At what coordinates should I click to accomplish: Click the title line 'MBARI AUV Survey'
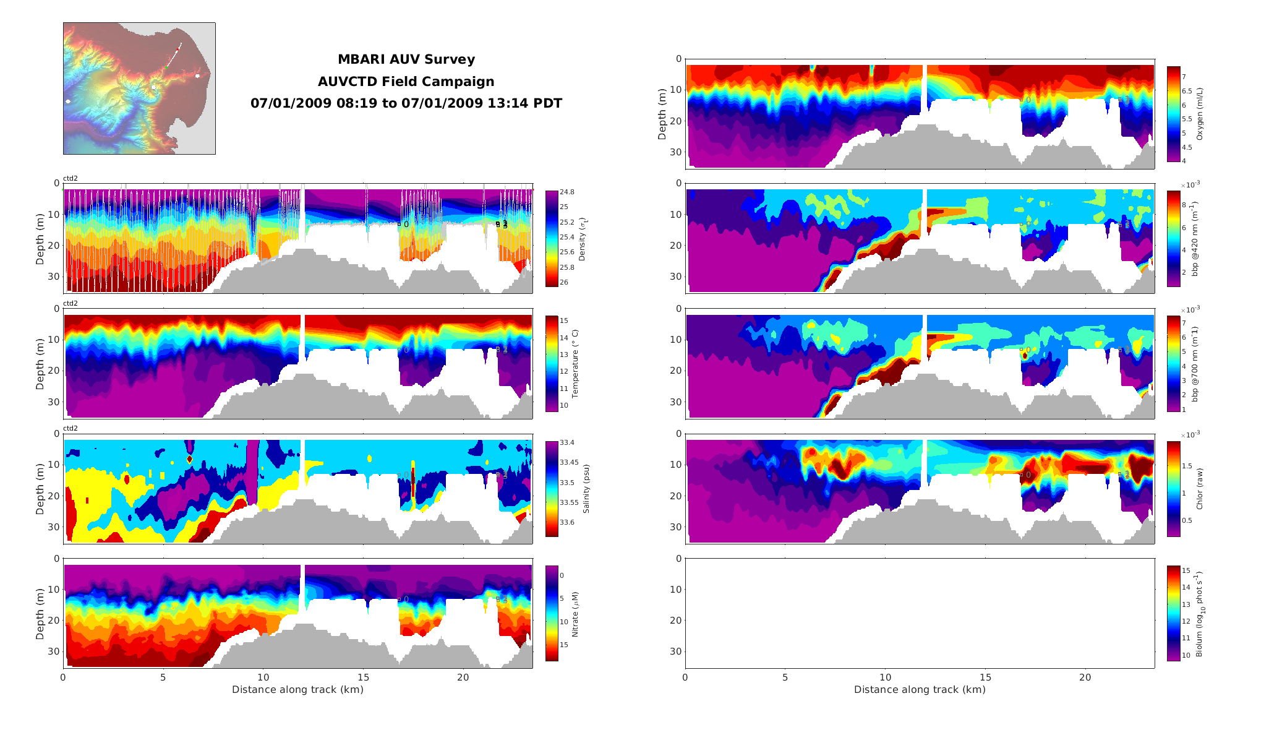pyautogui.click(x=406, y=59)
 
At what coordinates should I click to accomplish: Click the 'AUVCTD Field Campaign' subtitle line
pyautogui.click(x=406, y=82)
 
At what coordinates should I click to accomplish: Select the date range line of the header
pyautogui.click(x=406, y=103)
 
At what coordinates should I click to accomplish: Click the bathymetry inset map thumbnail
pyautogui.click(x=139, y=88)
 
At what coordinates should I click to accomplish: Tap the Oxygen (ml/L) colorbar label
pyautogui.click(x=1200, y=114)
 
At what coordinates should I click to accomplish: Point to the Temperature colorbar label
pyautogui.click(x=575, y=363)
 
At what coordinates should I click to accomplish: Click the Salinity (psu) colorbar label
pyautogui.click(x=586, y=488)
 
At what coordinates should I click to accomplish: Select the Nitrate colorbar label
pyautogui.click(x=575, y=614)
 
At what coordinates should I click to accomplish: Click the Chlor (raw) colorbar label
pyautogui.click(x=1200, y=489)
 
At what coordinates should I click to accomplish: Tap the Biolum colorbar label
pyautogui.click(x=1200, y=614)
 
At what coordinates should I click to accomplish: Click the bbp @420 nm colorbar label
pyautogui.click(x=1195, y=238)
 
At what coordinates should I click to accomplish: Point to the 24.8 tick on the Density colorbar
pyautogui.click(x=567, y=192)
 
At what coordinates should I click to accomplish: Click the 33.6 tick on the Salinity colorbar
pyautogui.click(x=567, y=522)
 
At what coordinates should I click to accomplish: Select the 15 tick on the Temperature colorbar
pyautogui.click(x=564, y=320)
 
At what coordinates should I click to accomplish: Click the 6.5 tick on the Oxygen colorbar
pyautogui.click(x=1187, y=91)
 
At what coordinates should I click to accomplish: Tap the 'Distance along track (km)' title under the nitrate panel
pyautogui.click(x=297, y=689)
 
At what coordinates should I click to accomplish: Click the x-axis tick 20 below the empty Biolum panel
pyautogui.click(x=1085, y=677)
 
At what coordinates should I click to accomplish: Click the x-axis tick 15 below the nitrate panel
pyautogui.click(x=363, y=677)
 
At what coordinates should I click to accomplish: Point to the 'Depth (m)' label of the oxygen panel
pyautogui.click(x=662, y=114)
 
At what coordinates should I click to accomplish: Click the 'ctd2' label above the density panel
pyautogui.click(x=70, y=179)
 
